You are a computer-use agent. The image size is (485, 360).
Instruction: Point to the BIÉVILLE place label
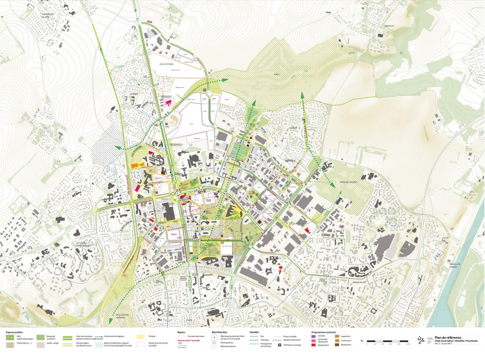click(389, 25)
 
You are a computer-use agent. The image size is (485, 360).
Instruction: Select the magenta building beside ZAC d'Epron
click(169, 102)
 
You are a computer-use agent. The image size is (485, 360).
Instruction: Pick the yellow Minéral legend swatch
click(141, 336)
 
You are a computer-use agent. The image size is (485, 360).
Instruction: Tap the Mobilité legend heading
click(254, 332)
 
